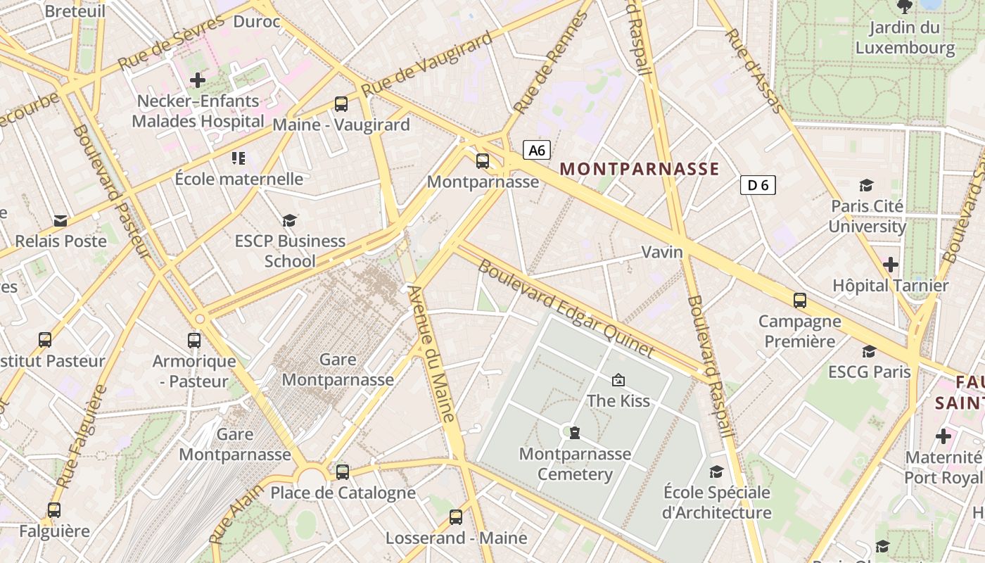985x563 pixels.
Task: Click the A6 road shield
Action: click(536, 150)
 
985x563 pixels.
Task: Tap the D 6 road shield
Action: click(758, 185)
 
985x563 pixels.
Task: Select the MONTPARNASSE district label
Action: click(640, 169)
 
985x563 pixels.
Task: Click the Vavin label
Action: click(662, 252)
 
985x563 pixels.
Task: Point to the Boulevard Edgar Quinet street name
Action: click(566, 308)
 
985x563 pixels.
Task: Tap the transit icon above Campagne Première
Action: click(800, 301)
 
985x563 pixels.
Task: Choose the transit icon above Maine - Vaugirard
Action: click(341, 104)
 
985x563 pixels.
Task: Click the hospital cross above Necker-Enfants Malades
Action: click(198, 80)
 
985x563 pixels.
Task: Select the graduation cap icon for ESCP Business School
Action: click(290, 221)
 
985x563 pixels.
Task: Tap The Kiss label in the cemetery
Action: click(618, 400)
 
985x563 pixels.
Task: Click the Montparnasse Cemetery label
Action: click(575, 464)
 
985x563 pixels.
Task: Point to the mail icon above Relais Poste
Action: click(61, 221)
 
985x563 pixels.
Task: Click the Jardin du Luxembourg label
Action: click(905, 38)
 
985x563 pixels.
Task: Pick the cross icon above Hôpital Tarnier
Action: click(891, 265)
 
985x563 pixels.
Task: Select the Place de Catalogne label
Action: click(343, 493)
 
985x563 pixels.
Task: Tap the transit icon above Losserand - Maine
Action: click(456, 517)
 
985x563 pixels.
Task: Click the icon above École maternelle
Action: click(239, 158)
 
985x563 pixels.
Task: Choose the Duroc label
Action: click(257, 22)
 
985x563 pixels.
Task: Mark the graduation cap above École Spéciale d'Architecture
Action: click(716, 472)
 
